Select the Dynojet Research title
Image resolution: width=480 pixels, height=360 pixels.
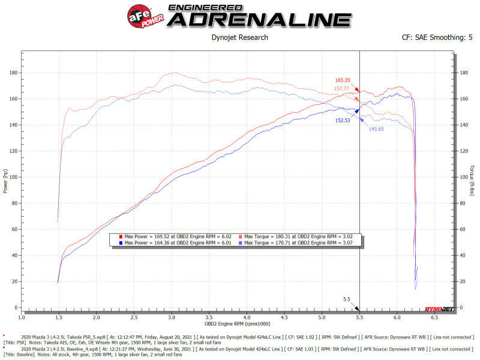click(x=240, y=37)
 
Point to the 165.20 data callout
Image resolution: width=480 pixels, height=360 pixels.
click(x=343, y=80)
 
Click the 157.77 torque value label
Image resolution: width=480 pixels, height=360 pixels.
click(x=342, y=89)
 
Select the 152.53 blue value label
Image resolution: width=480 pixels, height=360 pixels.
click(x=344, y=120)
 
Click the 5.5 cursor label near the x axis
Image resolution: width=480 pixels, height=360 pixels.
click(x=347, y=299)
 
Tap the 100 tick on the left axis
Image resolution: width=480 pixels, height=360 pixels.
click(x=13, y=177)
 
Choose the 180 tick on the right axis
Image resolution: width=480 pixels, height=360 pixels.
click(x=463, y=73)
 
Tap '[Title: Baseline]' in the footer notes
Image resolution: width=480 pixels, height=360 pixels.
click(x=18, y=353)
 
